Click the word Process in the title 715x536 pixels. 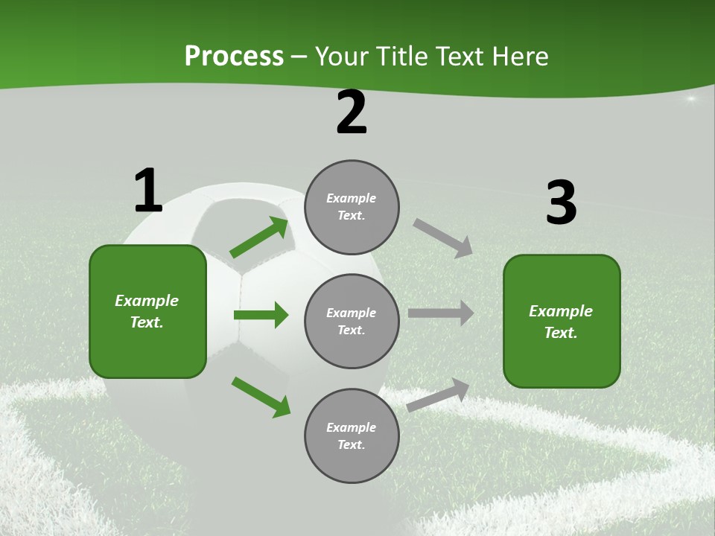pyautogui.click(x=234, y=57)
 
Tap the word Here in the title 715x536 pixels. pyautogui.click(x=519, y=57)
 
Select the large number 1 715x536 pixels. pyautogui.click(x=148, y=191)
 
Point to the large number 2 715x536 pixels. pyautogui.click(x=352, y=113)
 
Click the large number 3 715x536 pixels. pyautogui.click(x=561, y=202)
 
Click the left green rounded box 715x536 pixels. pyautogui.click(x=147, y=311)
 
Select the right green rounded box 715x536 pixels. pyautogui.click(x=562, y=322)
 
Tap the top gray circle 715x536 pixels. pyautogui.click(x=352, y=207)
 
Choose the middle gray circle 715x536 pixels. pyautogui.click(x=352, y=322)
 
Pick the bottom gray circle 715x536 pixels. pyautogui.click(x=352, y=436)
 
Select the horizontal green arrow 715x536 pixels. pyautogui.click(x=261, y=315)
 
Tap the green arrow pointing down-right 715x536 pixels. pyautogui.click(x=261, y=397)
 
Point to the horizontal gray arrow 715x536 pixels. pyautogui.click(x=441, y=313)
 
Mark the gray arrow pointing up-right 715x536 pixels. pyautogui.click(x=438, y=395)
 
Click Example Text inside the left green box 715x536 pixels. pyautogui.click(x=147, y=311)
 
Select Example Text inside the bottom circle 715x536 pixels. pyautogui.click(x=351, y=436)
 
